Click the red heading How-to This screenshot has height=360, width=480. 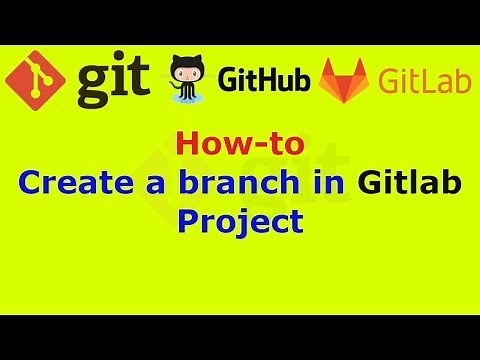click(239, 146)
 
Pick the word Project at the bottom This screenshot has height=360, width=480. click(239, 220)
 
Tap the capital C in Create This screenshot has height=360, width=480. click(31, 184)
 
